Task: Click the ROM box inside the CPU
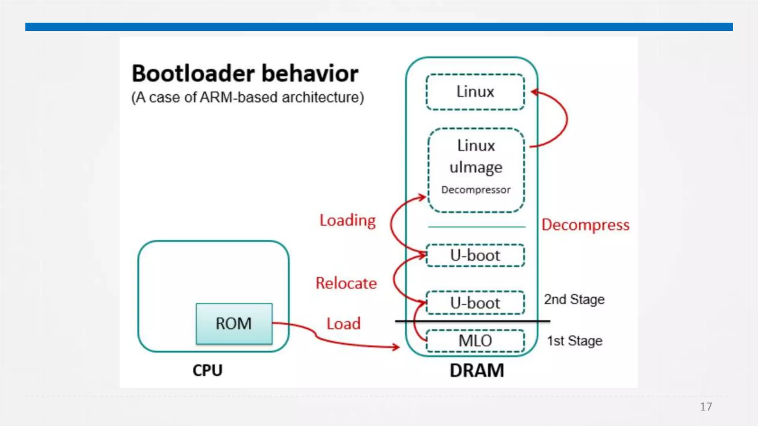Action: click(x=234, y=324)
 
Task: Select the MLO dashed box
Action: click(x=476, y=341)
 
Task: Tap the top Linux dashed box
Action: click(x=476, y=92)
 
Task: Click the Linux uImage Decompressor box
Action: click(x=476, y=170)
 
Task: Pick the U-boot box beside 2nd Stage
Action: click(x=476, y=303)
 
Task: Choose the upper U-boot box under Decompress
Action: click(x=476, y=255)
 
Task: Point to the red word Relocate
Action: click(x=346, y=283)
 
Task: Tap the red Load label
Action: click(x=343, y=324)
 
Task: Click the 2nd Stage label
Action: click(x=574, y=300)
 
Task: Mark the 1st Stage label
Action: click(x=575, y=341)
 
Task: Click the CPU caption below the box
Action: click(x=208, y=371)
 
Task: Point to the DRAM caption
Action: click(x=477, y=371)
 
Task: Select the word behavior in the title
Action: click(x=310, y=73)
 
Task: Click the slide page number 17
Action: click(x=706, y=407)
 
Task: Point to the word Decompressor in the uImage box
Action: click(x=476, y=190)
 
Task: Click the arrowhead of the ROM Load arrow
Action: click(x=396, y=347)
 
